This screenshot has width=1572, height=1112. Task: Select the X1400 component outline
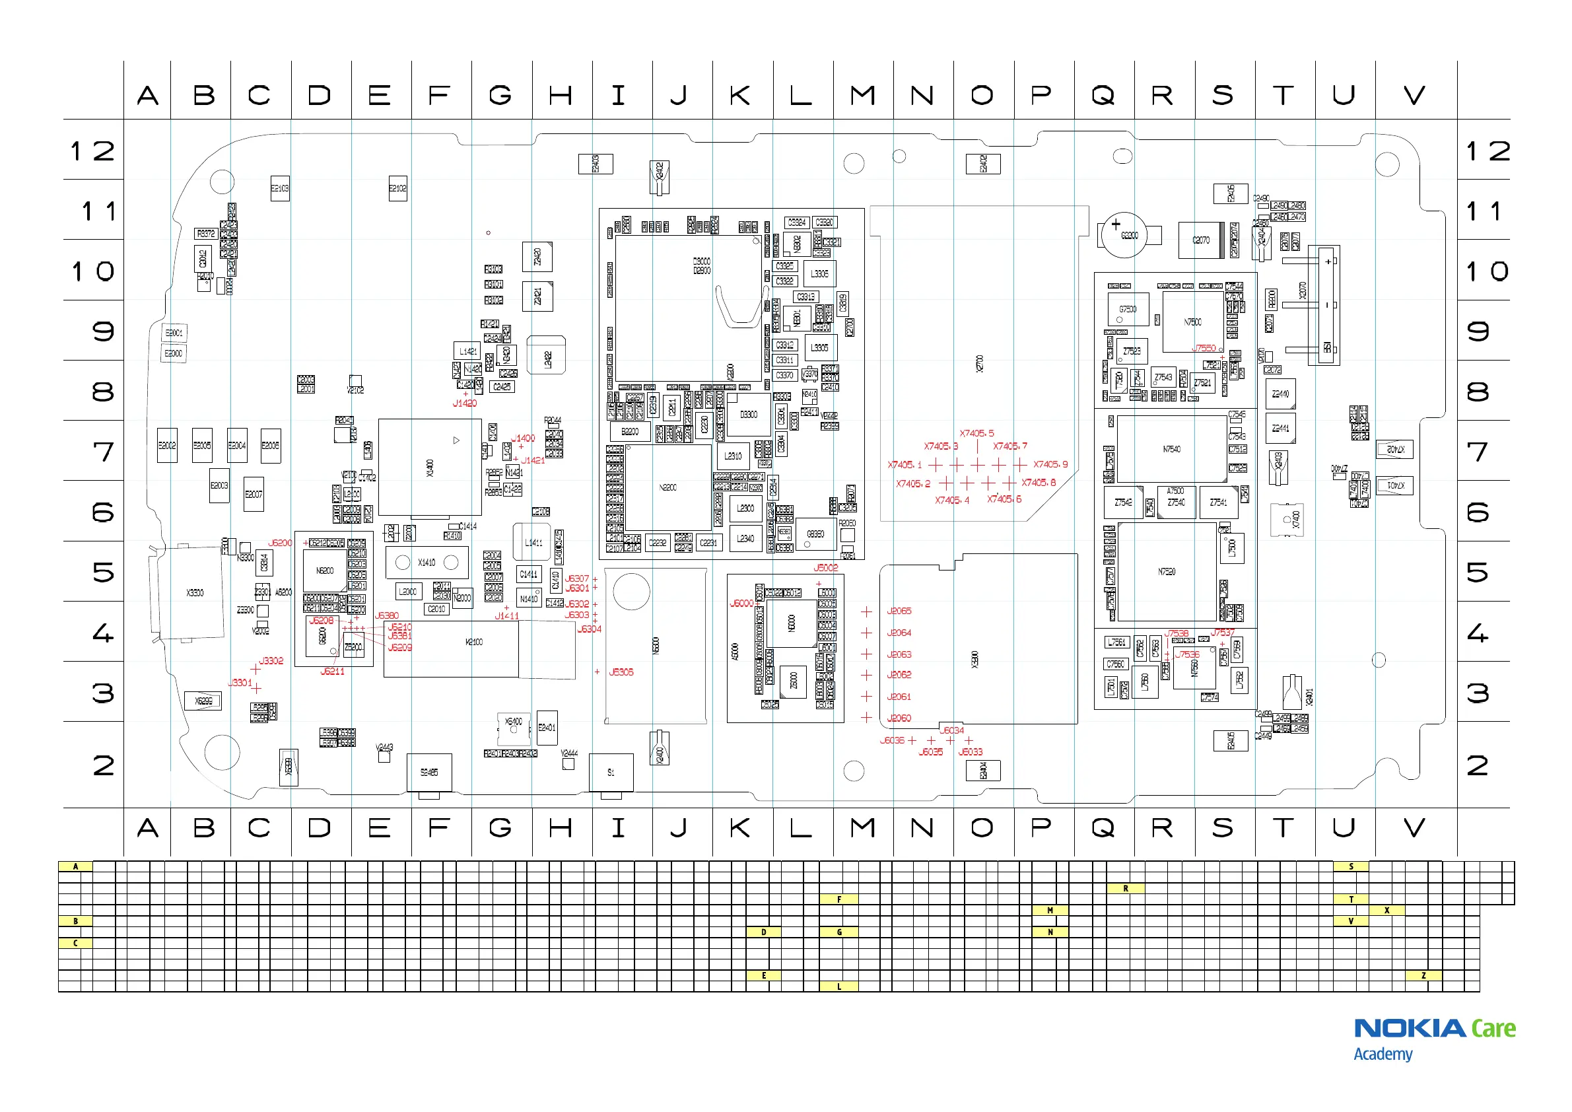[429, 468]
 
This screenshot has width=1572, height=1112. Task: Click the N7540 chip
[1171, 449]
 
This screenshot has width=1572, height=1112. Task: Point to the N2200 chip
[667, 487]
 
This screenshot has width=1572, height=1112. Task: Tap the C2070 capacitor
[1201, 240]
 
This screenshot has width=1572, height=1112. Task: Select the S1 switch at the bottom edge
[611, 773]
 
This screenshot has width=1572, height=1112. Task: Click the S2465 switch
[429, 773]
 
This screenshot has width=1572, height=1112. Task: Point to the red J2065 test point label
[899, 611]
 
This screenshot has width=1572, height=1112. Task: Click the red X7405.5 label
[976, 433]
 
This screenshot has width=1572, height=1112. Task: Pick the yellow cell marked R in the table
[1126, 888]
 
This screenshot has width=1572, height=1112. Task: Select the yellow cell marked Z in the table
[1423, 976]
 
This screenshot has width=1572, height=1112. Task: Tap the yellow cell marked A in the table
[75, 866]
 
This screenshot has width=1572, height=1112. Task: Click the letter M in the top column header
[863, 95]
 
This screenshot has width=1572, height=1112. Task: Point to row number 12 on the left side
[92, 151]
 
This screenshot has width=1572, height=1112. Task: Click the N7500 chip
[1192, 322]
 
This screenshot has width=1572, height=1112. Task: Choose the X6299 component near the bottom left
[203, 701]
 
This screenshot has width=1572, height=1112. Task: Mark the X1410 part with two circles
[427, 563]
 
